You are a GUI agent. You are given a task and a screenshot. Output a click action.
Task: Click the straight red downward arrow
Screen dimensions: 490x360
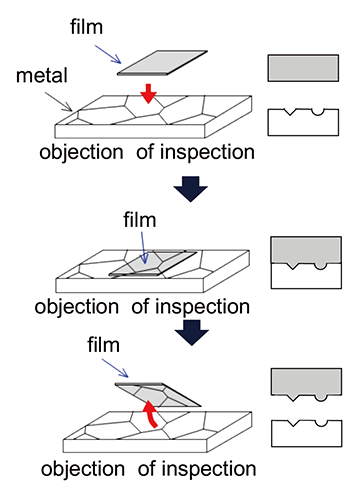click(148, 93)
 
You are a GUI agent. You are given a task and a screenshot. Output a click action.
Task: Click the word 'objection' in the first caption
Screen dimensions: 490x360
click(82, 153)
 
